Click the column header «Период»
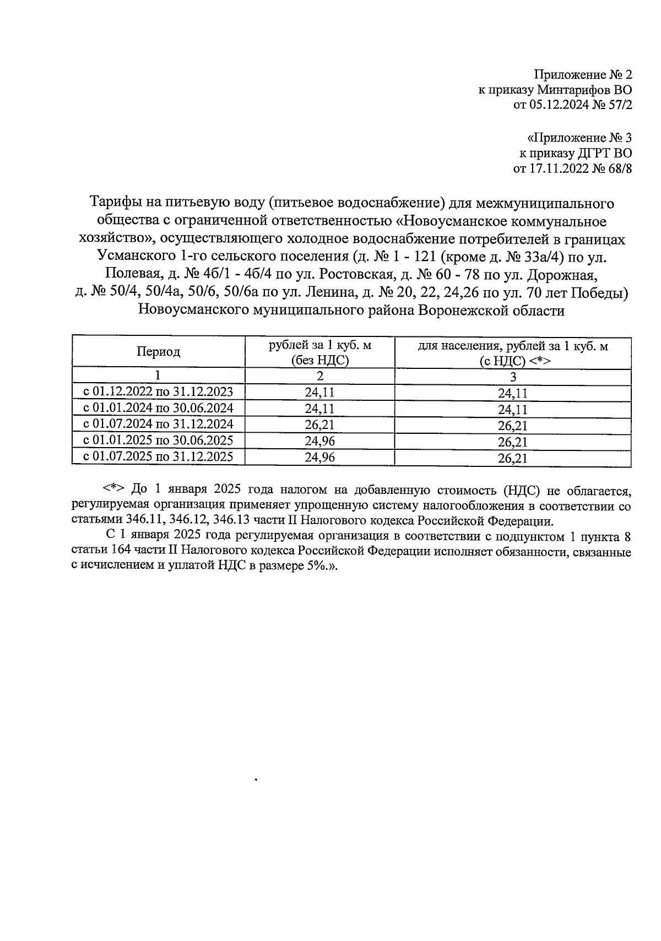(159, 352)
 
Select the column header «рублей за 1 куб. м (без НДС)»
(319, 352)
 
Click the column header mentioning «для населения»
(513, 352)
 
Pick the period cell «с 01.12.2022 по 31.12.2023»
(158, 392)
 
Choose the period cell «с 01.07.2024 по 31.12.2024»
(158, 425)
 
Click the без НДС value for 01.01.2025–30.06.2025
(319, 441)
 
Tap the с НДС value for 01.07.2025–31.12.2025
(513, 458)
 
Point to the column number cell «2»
(319, 377)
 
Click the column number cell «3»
(513, 377)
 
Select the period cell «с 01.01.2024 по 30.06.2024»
(158, 409)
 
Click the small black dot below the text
(256, 780)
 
